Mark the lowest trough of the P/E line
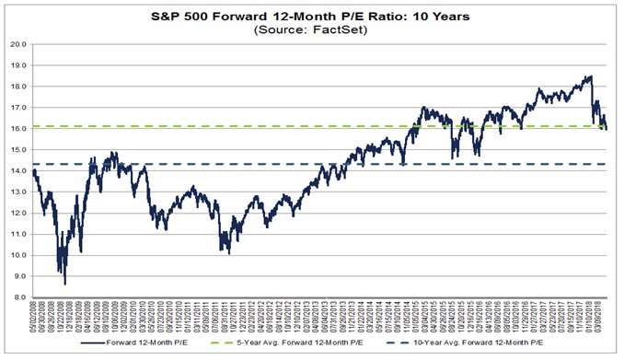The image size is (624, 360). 64,284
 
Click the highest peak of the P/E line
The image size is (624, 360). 588,76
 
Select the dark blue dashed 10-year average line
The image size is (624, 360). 276,164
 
